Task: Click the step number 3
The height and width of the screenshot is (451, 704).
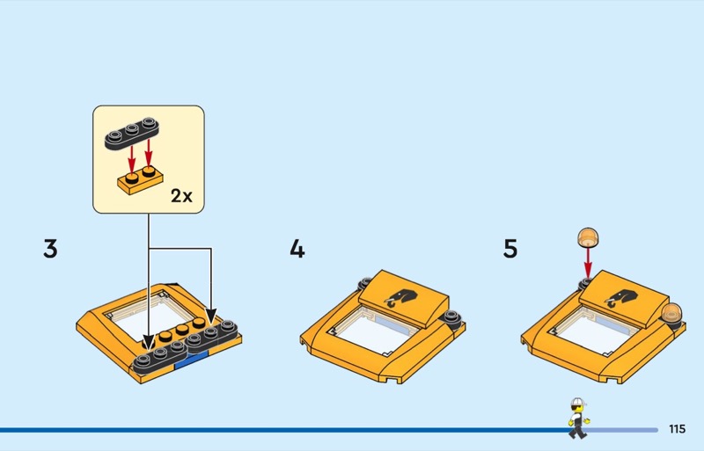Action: pyautogui.click(x=50, y=248)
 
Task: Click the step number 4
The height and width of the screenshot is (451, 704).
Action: pyautogui.click(x=297, y=248)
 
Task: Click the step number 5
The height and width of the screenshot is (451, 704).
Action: pyautogui.click(x=510, y=248)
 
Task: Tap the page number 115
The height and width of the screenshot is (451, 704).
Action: pyautogui.click(x=677, y=429)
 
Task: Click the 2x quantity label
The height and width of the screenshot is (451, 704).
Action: pyautogui.click(x=181, y=196)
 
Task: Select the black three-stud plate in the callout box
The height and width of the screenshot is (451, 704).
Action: pyautogui.click(x=132, y=133)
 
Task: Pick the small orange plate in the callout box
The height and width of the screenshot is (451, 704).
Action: pyautogui.click(x=140, y=180)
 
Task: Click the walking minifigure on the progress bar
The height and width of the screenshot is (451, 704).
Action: pyautogui.click(x=578, y=418)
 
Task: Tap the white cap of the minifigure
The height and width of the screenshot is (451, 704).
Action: pyautogui.click(x=578, y=402)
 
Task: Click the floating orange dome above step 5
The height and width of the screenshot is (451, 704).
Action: pyautogui.click(x=588, y=237)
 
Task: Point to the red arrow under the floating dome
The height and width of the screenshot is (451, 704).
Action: pyautogui.click(x=588, y=262)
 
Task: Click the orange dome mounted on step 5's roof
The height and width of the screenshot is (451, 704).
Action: pyautogui.click(x=671, y=313)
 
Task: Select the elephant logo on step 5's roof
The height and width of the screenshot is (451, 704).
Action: pyautogui.click(x=620, y=298)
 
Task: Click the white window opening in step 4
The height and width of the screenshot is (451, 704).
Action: pyautogui.click(x=377, y=331)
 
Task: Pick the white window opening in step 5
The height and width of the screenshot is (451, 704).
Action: pyautogui.click(x=597, y=331)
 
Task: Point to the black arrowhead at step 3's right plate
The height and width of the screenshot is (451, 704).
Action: pyautogui.click(x=211, y=316)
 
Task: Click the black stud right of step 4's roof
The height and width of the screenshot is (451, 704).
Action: pyautogui.click(x=451, y=317)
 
